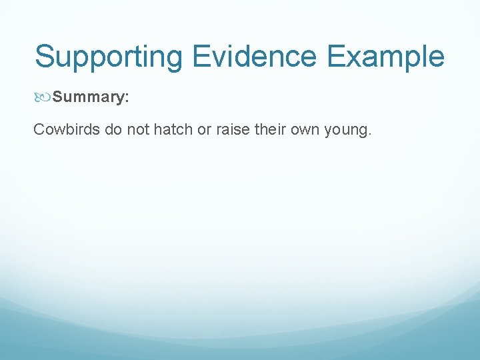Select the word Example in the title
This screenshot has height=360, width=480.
[385, 57]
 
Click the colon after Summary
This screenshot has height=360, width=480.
[127, 98]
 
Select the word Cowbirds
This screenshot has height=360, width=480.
[67, 129]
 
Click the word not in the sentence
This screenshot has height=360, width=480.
[138, 129]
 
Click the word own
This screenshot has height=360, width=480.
[305, 129]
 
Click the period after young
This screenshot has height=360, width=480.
[369, 134]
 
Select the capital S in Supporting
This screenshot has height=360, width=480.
[45, 57]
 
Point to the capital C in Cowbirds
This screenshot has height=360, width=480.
[39, 129]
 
